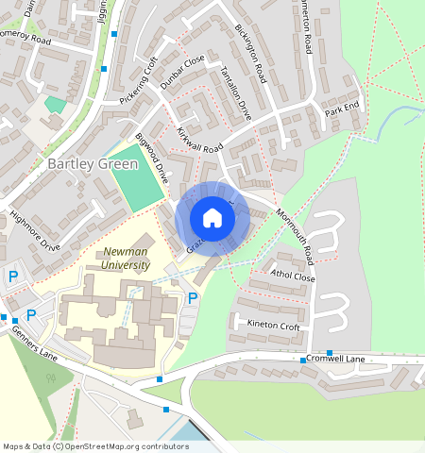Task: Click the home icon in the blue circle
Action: point(212,218)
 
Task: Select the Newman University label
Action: point(126,259)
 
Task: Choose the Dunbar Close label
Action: point(182,73)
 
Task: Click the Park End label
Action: point(343,109)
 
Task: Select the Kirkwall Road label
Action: point(199,141)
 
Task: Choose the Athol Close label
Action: point(293,277)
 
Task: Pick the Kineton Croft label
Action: point(273,326)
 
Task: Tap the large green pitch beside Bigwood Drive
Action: point(136,179)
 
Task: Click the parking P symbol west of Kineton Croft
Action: point(193,298)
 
